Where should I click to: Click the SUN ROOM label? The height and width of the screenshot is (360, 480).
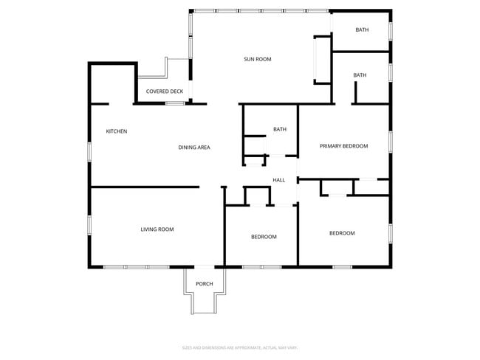(x=258, y=59)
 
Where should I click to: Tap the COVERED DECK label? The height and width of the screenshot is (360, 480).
(x=164, y=91)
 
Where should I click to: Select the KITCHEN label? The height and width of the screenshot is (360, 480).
(x=117, y=131)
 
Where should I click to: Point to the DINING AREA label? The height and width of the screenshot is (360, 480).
(x=194, y=148)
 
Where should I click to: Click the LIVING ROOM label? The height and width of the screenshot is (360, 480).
(x=157, y=229)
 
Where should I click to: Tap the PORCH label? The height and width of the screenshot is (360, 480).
(x=204, y=285)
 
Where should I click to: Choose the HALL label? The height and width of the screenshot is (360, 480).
(x=278, y=180)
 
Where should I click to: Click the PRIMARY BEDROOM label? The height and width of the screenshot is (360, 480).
(x=343, y=146)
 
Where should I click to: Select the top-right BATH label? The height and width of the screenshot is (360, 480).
(x=362, y=30)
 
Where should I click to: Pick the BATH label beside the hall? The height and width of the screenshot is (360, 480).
(x=280, y=130)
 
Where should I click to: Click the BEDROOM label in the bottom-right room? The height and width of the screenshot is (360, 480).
(x=342, y=233)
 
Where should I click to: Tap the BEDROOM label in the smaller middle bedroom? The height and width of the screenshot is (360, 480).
(x=264, y=237)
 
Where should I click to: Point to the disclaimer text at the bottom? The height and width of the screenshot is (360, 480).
(x=240, y=347)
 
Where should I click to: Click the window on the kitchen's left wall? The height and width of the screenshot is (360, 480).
(x=90, y=150)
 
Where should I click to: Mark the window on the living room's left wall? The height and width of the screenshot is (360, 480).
(x=90, y=224)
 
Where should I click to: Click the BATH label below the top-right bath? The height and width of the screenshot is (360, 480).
(x=360, y=75)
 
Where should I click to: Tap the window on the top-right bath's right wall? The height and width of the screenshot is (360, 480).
(x=391, y=31)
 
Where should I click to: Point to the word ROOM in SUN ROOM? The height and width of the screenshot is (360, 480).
(x=264, y=59)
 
